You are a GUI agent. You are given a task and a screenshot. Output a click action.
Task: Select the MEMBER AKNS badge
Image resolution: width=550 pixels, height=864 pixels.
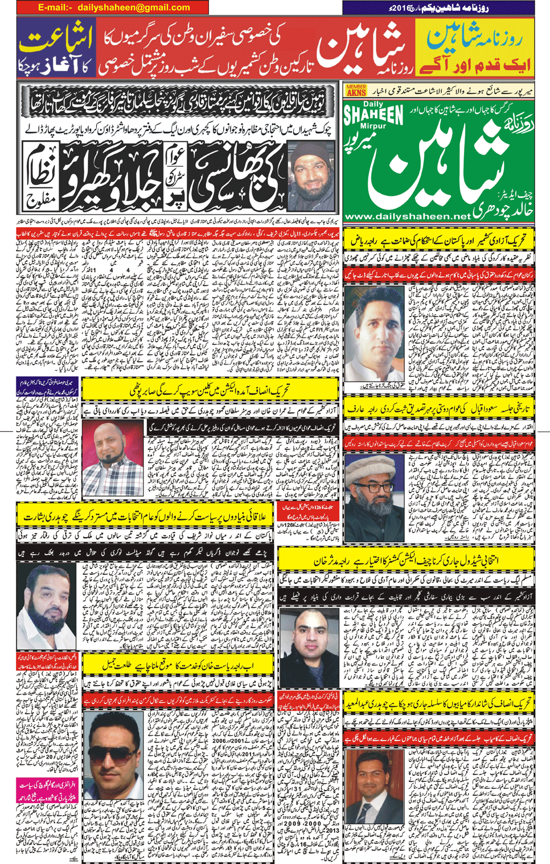click(356, 90)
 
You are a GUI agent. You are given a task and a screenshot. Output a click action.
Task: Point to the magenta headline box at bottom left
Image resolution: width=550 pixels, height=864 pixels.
click(46, 790)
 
